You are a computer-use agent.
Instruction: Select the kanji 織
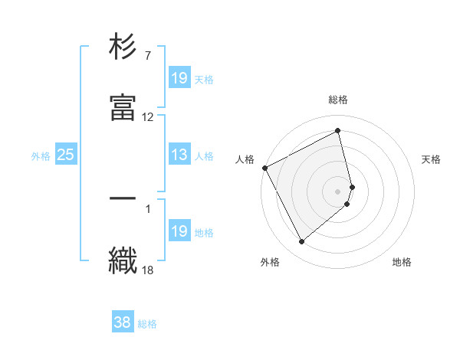tap(123, 258)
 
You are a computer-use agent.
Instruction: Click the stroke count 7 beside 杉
tap(147, 56)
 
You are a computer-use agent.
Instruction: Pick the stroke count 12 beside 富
tap(148, 117)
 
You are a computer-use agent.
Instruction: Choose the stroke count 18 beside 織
tap(148, 269)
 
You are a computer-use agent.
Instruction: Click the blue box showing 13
tap(179, 155)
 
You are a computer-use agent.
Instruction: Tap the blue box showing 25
tap(66, 155)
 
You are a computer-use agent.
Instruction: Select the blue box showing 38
tap(123, 323)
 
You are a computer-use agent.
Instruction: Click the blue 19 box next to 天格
tap(179, 78)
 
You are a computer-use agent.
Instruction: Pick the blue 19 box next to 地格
tap(179, 231)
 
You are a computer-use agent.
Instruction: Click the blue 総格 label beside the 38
tap(147, 324)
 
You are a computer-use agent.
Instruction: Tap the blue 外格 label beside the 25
tap(41, 156)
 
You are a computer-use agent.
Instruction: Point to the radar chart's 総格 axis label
tap(338, 100)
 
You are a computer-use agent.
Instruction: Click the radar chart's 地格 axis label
tap(402, 262)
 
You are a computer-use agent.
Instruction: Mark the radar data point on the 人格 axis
tap(264, 168)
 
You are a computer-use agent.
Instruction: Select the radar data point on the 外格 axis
tap(301, 242)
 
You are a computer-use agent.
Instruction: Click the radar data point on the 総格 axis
tap(338, 131)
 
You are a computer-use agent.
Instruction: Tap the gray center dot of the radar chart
tap(338, 191)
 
